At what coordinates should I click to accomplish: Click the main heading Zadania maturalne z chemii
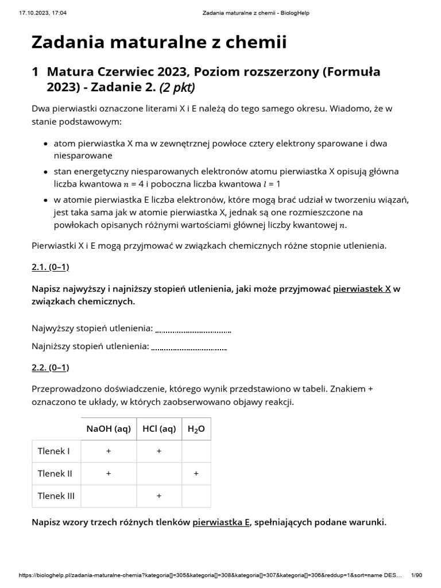click(158, 42)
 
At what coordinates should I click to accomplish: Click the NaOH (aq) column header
click(109, 429)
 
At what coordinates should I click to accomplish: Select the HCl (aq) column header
click(159, 429)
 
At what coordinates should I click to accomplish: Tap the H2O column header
click(196, 429)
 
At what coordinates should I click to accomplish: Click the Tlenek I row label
click(53, 451)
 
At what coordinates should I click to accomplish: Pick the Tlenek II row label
click(55, 474)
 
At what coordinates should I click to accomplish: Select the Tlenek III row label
click(56, 496)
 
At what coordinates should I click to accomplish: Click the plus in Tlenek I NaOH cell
click(109, 451)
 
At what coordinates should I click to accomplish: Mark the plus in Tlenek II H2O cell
click(196, 474)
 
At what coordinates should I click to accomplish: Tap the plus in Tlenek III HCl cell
click(159, 496)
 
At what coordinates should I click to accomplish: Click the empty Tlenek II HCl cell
click(159, 474)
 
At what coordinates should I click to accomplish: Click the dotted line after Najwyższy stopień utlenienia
click(193, 329)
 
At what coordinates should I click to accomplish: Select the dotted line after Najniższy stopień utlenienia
click(189, 347)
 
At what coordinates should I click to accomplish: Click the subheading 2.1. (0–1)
click(50, 268)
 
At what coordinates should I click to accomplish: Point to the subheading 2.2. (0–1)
click(50, 367)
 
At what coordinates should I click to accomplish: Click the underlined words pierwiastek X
click(362, 289)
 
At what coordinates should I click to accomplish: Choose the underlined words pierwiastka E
click(221, 522)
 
